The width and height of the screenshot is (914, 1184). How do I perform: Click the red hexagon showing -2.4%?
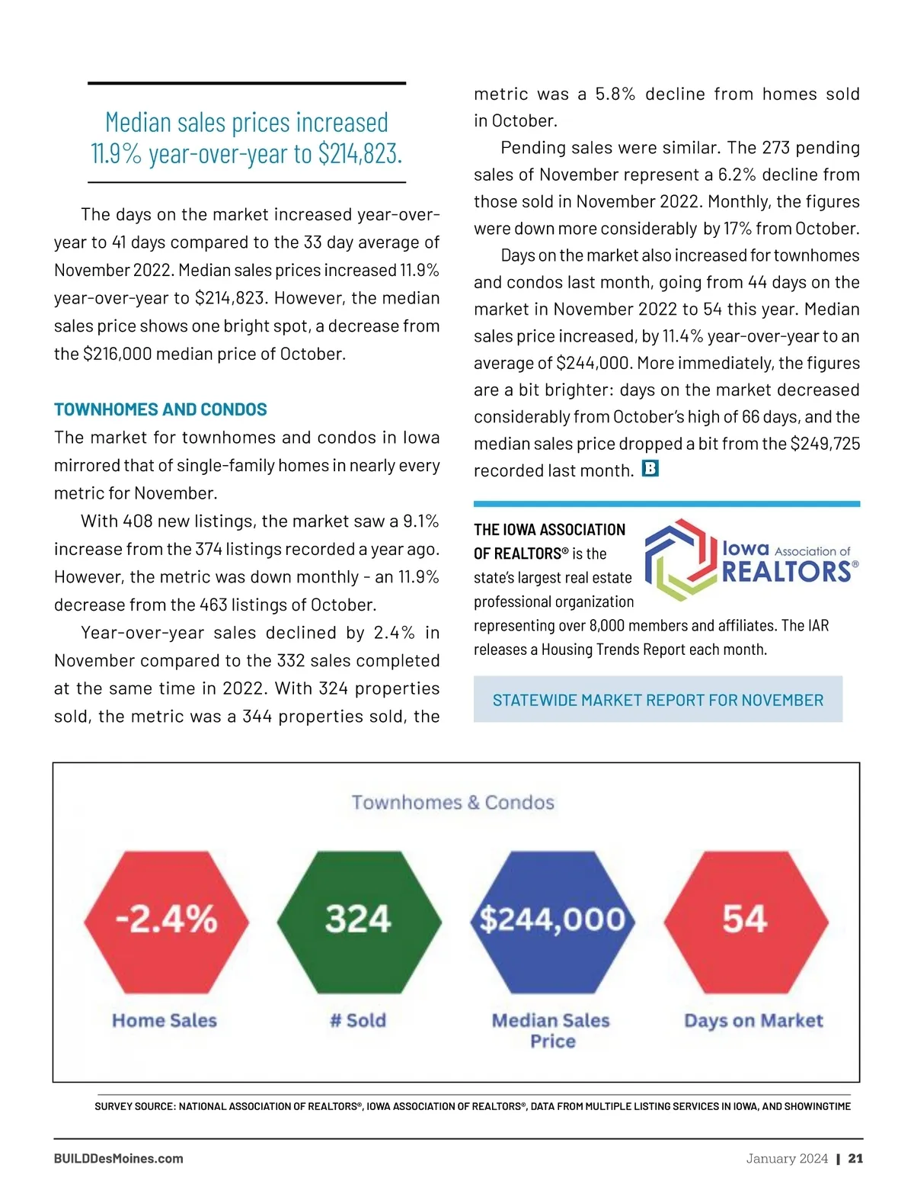click(166, 920)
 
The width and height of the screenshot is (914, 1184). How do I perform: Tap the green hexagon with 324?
click(359, 920)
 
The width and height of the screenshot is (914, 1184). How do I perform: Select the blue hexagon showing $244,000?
click(552, 920)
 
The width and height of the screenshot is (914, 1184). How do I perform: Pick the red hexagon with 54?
click(746, 920)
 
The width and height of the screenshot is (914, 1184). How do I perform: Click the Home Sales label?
click(165, 1021)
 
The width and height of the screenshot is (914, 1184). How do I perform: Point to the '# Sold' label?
click(358, 1021)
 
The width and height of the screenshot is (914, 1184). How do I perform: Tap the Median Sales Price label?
click(551, 1031)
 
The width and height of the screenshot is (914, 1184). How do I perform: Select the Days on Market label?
click(753, 1021)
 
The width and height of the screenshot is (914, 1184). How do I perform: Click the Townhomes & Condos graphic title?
click(453, 803)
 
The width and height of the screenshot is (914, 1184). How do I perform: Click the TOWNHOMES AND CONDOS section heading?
click(161, 409)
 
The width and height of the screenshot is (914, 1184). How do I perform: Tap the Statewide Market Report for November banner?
click(658, 700)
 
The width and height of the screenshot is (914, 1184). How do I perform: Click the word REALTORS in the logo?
click(786, 572)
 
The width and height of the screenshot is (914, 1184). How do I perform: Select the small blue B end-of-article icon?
click(650, 469)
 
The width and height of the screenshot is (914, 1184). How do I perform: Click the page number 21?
click(856, 1159)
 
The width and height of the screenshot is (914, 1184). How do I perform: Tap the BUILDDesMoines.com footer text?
click(119, 1159)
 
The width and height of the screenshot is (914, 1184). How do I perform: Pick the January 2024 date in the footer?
click(787, 1159)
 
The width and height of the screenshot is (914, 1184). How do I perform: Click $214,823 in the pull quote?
click(360, 154)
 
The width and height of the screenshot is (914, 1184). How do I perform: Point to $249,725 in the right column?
click(825, 444)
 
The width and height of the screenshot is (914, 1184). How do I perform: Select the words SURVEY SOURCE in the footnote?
click(135, 1106)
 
